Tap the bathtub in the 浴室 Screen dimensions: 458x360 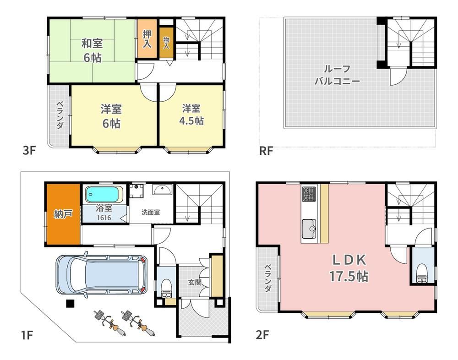pyautogui.click(x=104, y=194)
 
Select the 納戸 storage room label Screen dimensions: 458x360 pyautogui.click(x=63, y=214)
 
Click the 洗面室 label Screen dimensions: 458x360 pyautogui.click(x=151, y=213)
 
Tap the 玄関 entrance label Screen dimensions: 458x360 pyautogui.click(x=195, y=283)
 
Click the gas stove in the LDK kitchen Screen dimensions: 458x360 pyautogui.click(x=309, y=193)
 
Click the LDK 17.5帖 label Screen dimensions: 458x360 pyautogui.click(x=349, y=268)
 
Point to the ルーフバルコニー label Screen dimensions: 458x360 pyautogui.click(x=337, y=75)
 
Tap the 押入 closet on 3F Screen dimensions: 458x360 pyautogui.click(x=147, y=38)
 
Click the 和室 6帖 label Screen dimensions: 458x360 pyautogui.click(x=93, y=50)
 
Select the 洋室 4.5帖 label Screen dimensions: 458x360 pyautogui.click(x=191, y=115)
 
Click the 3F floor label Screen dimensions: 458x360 pyautogui.click(x=29, y=151)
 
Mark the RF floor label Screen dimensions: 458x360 pyautogui.click(x=266, y=151)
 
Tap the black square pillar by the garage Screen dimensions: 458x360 pyautogui.click(x=70, y=304)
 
